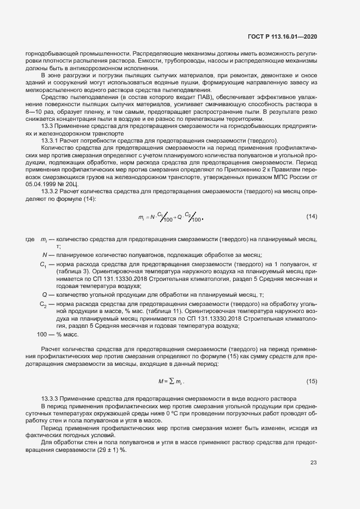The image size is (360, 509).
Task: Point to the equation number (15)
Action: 312,381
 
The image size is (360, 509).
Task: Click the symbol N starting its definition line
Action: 45,255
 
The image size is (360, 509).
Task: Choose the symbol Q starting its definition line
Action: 44,294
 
